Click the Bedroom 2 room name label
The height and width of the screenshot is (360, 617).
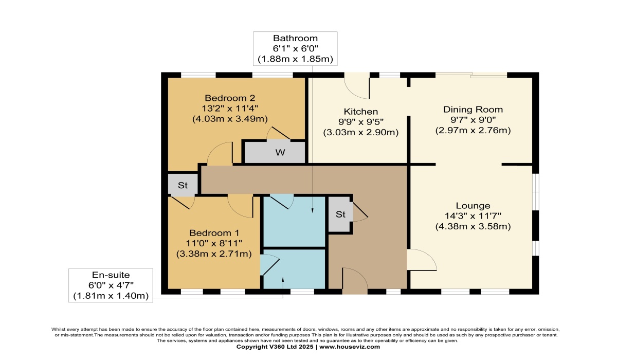tap(230, 98)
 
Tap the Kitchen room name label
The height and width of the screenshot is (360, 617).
tap(361, 112)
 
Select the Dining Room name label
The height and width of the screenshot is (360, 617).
tap(473, 110)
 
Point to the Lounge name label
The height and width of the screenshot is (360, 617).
tap(473, 206)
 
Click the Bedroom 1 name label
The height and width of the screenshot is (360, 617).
tap(214, 233)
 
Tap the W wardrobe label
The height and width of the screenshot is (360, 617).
tap(280, 152)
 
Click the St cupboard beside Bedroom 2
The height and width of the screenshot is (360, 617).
tap(183, 185)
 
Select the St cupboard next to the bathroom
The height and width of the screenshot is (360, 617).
tap(340, 214)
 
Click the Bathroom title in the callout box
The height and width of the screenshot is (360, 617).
tap(295, 38)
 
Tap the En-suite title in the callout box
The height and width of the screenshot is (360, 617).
tap(111, 275)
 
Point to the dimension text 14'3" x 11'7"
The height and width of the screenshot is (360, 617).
tap(473, 216)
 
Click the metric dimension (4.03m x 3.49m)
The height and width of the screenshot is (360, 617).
tap(230, 119)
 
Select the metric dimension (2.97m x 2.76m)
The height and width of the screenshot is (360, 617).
tap(473, 130)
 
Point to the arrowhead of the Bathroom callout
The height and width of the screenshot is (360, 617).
tap(313, 210)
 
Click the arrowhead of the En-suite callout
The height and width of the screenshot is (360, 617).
tap(283, 280)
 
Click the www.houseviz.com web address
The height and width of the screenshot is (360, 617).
tap(350, 347)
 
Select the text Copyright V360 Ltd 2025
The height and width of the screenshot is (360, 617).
tap(275, 347)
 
